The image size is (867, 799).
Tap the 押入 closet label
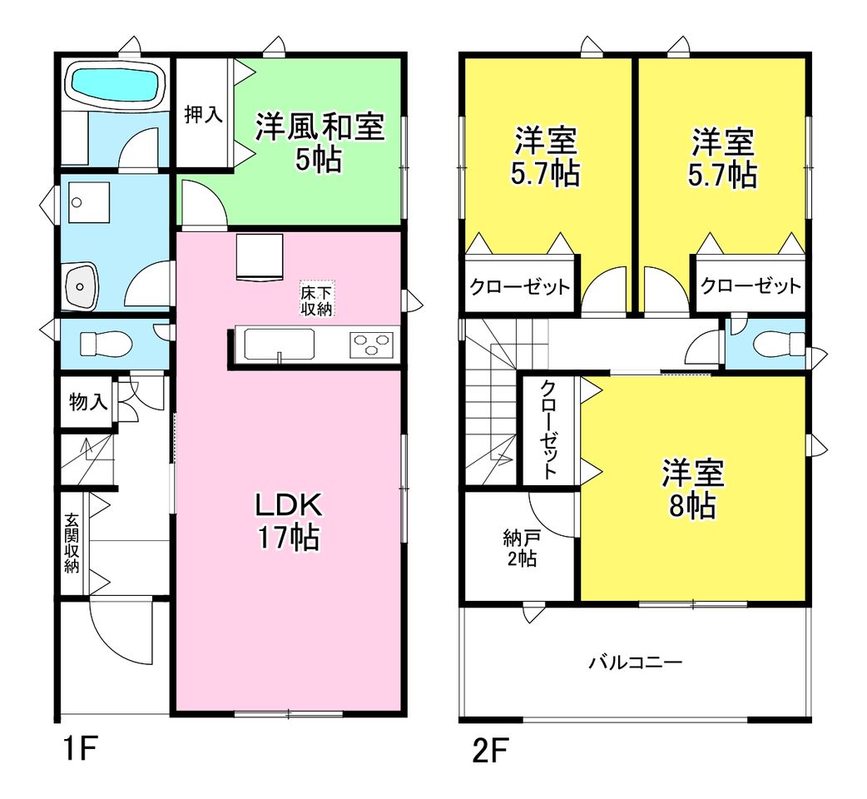(x=204, y=115)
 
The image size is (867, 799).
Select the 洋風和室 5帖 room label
(x=320, y=142)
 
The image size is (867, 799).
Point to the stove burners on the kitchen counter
(x=371, y=345)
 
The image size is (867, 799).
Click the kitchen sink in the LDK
(x=280, y=345)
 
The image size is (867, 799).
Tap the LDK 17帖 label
(x=288, y=521)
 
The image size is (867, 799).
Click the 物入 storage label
(x=88, y=402)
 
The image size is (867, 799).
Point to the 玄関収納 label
(x=72, y=543)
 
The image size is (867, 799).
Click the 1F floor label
(x=81, y=749)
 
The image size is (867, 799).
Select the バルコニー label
(x=636, y=662)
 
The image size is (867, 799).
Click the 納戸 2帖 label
(x=522, y=548)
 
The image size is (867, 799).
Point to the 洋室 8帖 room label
(x=693, y=489)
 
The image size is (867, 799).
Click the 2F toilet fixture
(x=780, y=345)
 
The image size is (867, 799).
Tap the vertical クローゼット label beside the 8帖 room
(x=548, y=429)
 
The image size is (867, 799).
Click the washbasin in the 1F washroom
(x=82, y=285)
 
